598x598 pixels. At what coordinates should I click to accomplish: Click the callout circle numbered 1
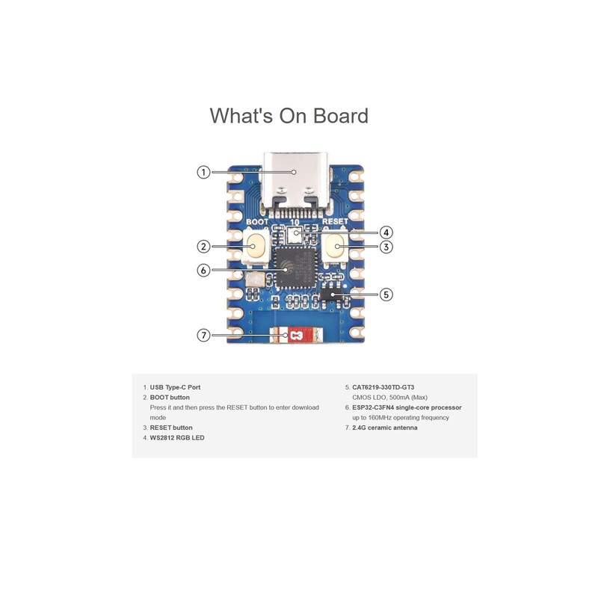pos(203,173)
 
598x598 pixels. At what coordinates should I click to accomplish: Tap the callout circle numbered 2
pos(203,246)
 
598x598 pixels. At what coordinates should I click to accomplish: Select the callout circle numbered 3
pos(386,246)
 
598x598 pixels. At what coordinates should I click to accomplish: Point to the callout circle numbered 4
pos(386,232)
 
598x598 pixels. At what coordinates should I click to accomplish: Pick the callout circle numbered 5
pos(386,295)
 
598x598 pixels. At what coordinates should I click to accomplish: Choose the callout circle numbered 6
pos(203,271)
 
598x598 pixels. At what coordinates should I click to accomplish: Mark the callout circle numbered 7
pos(203,335)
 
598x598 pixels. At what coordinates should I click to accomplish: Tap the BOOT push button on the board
pos(256,246)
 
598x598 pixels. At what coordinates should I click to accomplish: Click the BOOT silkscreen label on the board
pos(257,223)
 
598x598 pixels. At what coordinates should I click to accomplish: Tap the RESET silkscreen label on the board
pos(336,223)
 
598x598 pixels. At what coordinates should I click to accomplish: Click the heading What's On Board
pos(289,116)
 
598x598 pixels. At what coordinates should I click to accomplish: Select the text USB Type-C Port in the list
pos(175,387)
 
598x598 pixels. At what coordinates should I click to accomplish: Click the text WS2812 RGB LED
pos(177,437)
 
